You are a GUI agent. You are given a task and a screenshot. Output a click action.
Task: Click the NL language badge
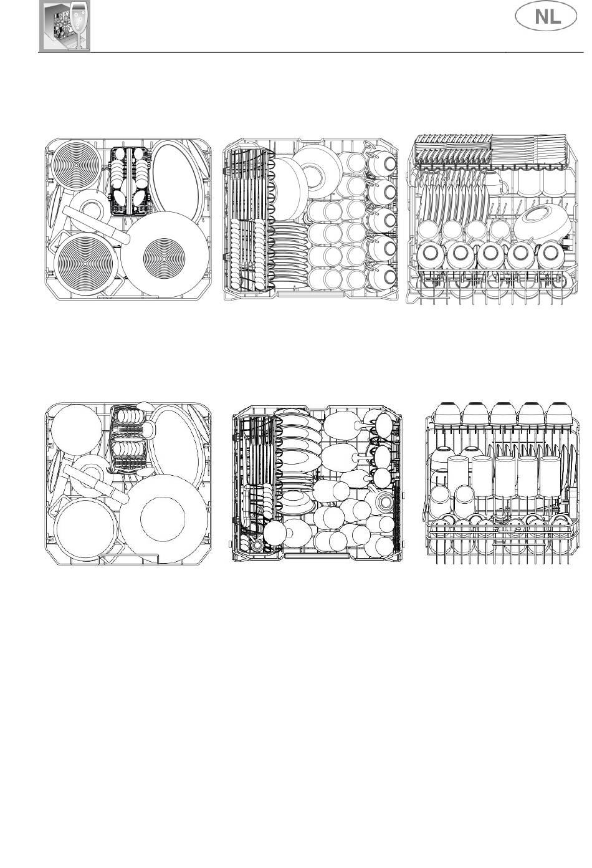(x=545, y=16)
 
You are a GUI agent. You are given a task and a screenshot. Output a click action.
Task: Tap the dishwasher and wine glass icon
(x=65, y=26)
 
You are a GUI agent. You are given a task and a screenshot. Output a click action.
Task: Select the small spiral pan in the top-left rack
(x=76, y=165)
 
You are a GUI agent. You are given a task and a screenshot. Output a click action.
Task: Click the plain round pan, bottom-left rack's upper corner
(x=76, y=430)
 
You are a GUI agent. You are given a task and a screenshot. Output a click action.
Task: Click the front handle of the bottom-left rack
(x=130, y=558)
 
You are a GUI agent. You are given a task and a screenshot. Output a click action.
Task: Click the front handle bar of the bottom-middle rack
(x=317, y=556)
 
